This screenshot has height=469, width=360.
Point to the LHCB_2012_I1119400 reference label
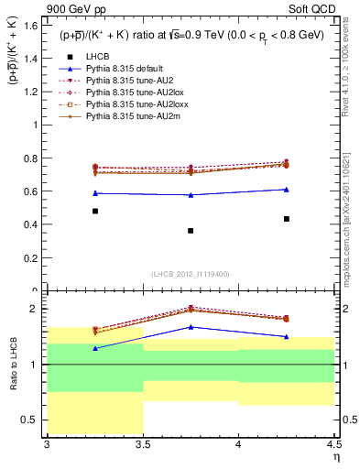[191, 274]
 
